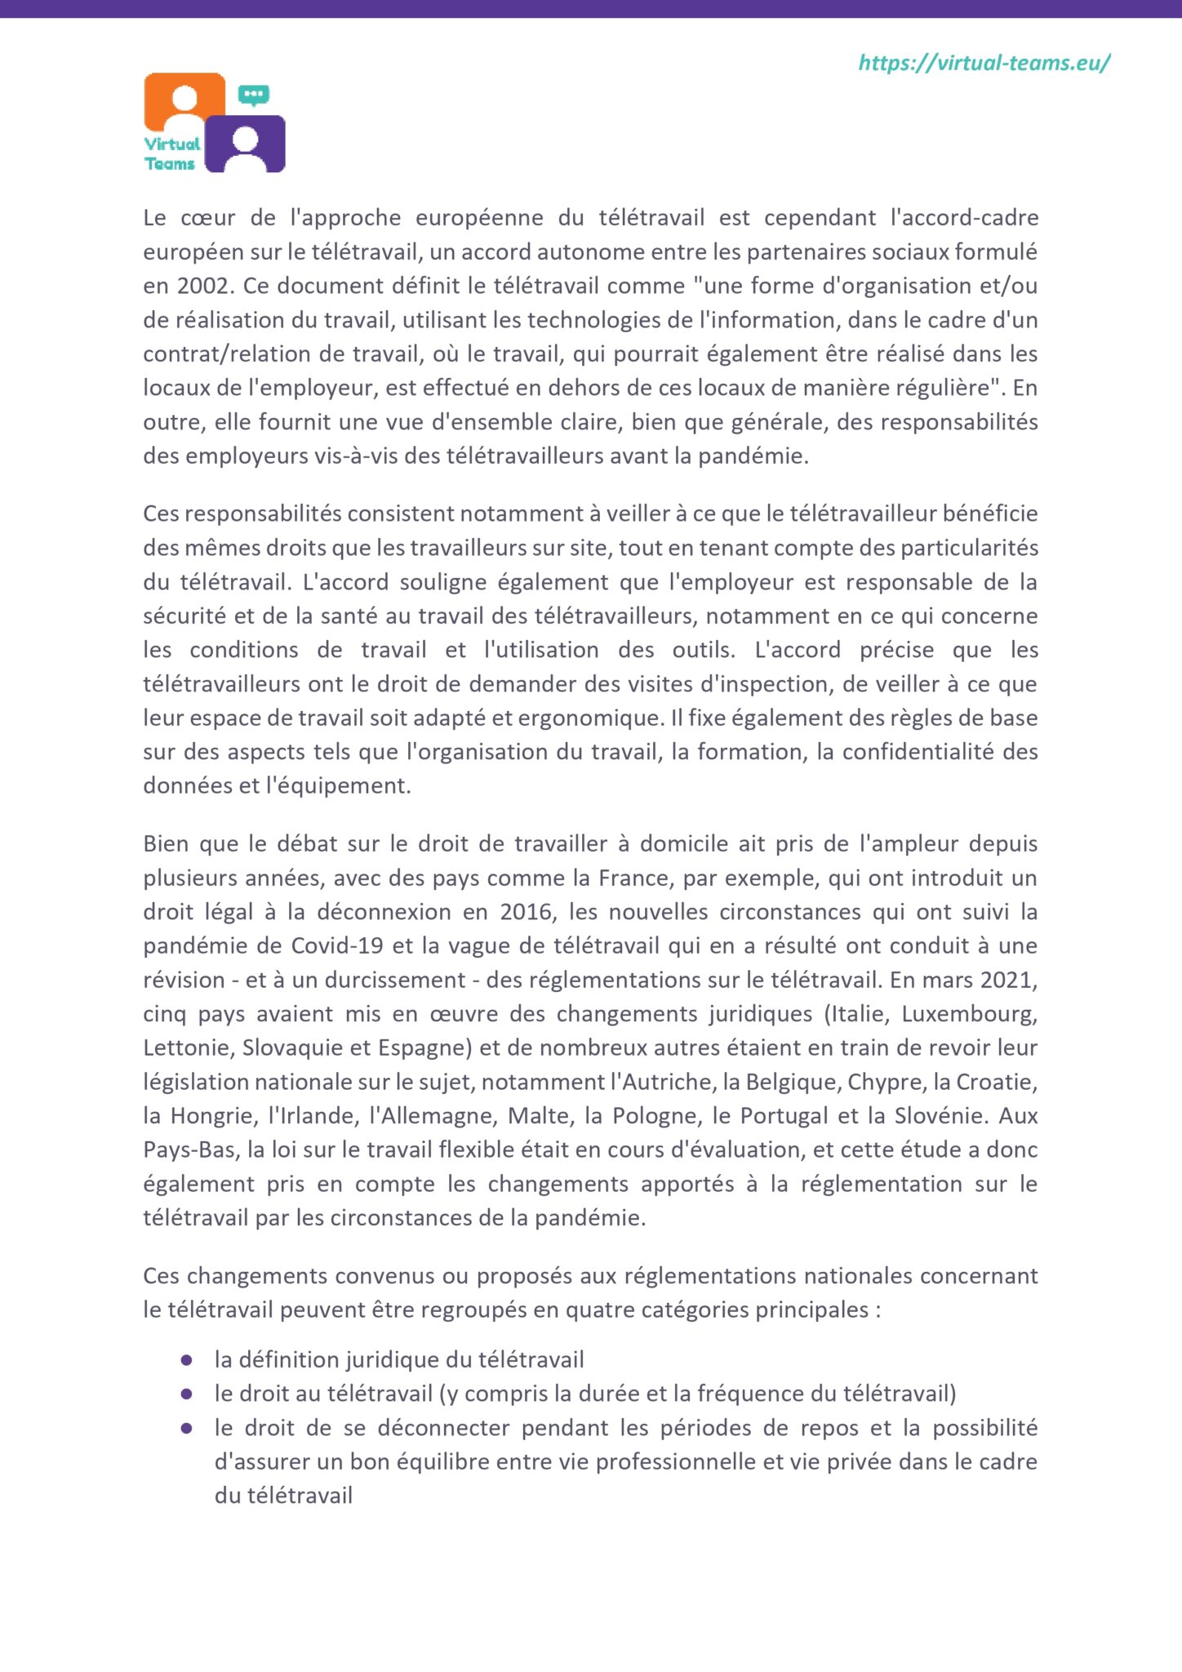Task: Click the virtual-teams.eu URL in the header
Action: tap(984, 63)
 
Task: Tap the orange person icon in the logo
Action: tap(185, 100)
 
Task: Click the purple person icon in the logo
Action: tap(245, 144)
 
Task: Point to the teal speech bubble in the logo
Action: tap(254, 95)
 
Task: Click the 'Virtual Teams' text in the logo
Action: tap(171, 153)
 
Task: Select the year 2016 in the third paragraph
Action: tap(527, 912)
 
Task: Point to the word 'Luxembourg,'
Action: tap(969, 1014)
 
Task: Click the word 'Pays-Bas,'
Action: tap(192, 1149)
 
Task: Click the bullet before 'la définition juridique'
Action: tap(187, 1360)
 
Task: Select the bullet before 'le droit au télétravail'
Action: tap(187, 1394)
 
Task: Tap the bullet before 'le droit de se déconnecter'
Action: tap(187, 1428)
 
